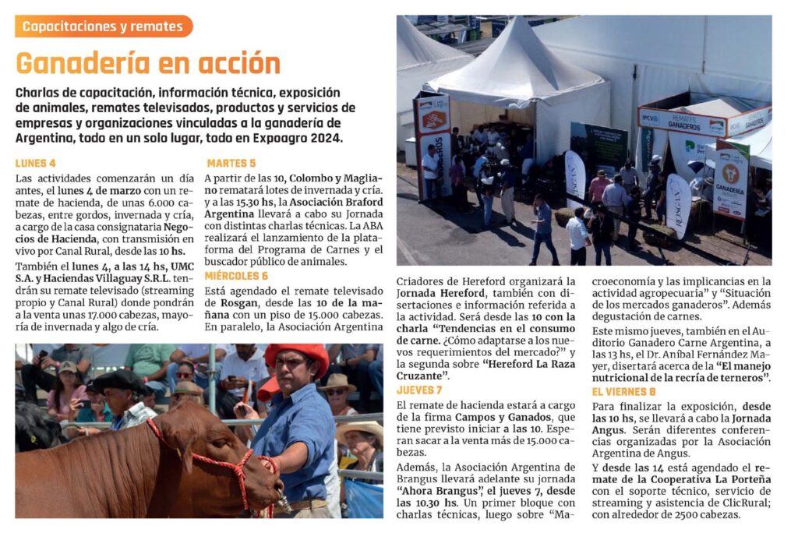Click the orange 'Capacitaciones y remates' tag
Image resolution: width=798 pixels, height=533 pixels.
(x=103, y=26)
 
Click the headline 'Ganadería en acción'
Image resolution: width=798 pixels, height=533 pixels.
(x=148, y=62)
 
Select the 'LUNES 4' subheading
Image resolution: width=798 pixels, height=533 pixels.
(x=36, y=164)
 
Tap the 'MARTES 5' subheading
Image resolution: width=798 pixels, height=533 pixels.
(x=231, y=164)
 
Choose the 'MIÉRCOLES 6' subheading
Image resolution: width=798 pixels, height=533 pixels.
(x=236, y=276)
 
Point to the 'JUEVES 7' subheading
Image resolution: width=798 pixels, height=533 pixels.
(x=419, y=390)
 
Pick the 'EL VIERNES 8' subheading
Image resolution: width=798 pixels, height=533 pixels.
(x=623, y=392)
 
